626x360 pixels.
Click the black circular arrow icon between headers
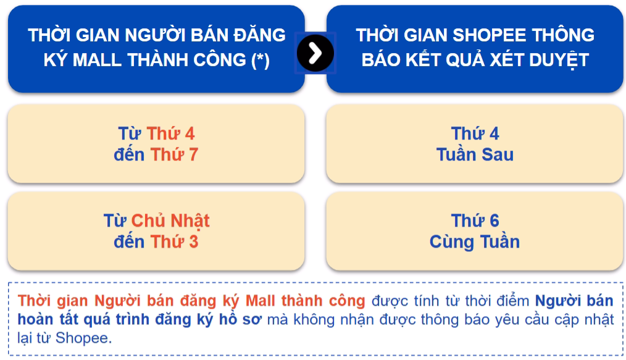pos(315,53)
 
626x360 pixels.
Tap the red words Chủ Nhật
pos(170,220)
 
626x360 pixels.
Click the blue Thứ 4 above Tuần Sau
pos(475,133)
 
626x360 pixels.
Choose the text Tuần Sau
pos(475,154)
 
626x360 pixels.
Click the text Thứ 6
pos(475,220)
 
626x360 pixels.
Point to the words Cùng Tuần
pos(475,241)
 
